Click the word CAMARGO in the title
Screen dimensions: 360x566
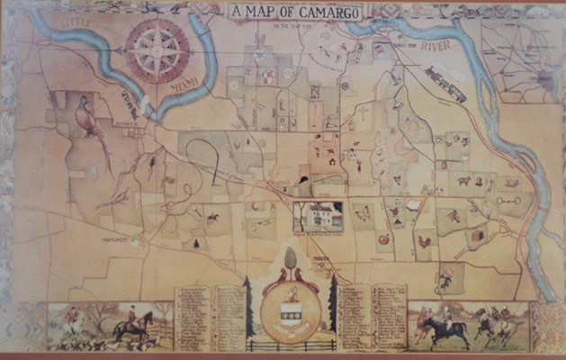click(313, 13)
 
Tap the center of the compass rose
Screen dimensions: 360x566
click(158, 50)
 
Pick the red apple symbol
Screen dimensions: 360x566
click(382, 240)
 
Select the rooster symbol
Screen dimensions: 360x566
click(424, 242)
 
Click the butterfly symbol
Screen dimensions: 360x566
click(364, 214)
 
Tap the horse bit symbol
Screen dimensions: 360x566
click(509, 200)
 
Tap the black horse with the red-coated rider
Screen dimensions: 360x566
click(131, 324)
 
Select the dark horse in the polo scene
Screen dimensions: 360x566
click(447, 328)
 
